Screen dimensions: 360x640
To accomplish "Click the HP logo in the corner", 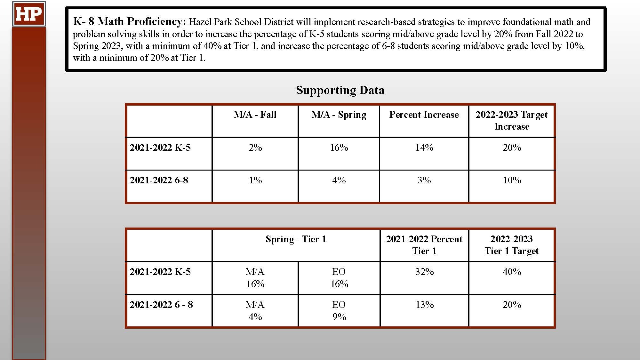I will pyautogui.click(x=29, y=14).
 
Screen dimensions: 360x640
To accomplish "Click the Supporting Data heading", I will pyautogui.click(x=340, y=90).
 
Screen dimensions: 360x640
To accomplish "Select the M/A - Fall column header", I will pyautogui.click(x=255, y=115).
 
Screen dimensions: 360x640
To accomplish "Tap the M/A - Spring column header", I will pyautogui.click(x=339, y=115).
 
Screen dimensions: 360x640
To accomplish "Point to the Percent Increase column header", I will pyautogui.click(x=424, y=115).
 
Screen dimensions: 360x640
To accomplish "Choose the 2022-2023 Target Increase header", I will pyautogui.click(x=512, y=120).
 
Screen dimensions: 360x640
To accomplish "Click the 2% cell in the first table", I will pyautogui.click(x=255, y=148).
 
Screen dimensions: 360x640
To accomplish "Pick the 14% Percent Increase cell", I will pyautogui.click(x=424, y=148).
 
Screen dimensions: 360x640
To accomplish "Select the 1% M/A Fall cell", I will pyautogui.click(x=255, y=180).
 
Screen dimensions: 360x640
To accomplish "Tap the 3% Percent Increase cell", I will pyautogui.click(x=424, y=180).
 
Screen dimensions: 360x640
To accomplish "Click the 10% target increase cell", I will pyautogui.click(x=512, y=180).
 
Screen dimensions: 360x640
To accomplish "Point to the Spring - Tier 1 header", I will pyautogui.click(x=296, y=239).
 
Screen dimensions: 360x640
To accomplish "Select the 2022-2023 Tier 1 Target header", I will pyautogui.click(x=511, y=245).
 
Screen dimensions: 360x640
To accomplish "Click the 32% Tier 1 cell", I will pyautogui.click(x=424, y=272).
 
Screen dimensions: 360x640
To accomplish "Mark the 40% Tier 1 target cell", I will pyautogui.click(x=512, y=272).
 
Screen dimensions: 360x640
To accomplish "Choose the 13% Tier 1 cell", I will pyautogui.click(x=424, y=305).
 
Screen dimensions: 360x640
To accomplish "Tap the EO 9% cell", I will pyautogui.click(x=339, y=310).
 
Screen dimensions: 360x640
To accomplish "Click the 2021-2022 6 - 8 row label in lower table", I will pyautogui.click(x=161, y=305).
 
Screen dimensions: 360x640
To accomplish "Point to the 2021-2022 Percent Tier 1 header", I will pyautogui.click(x=424, y=245).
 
